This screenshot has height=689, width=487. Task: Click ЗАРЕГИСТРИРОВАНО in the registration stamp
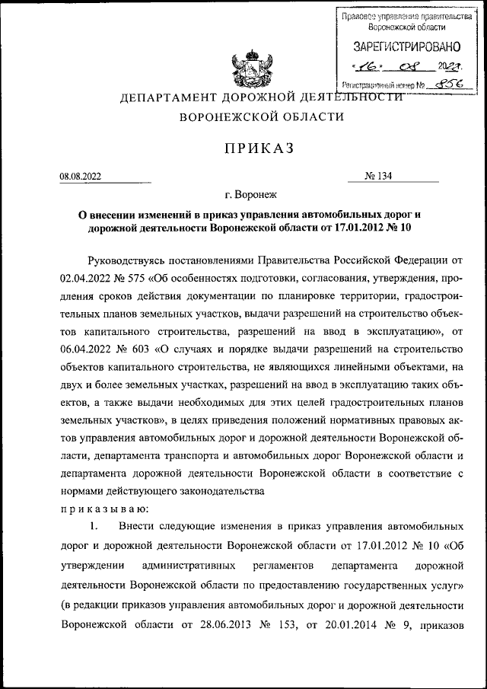click(400, 48)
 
